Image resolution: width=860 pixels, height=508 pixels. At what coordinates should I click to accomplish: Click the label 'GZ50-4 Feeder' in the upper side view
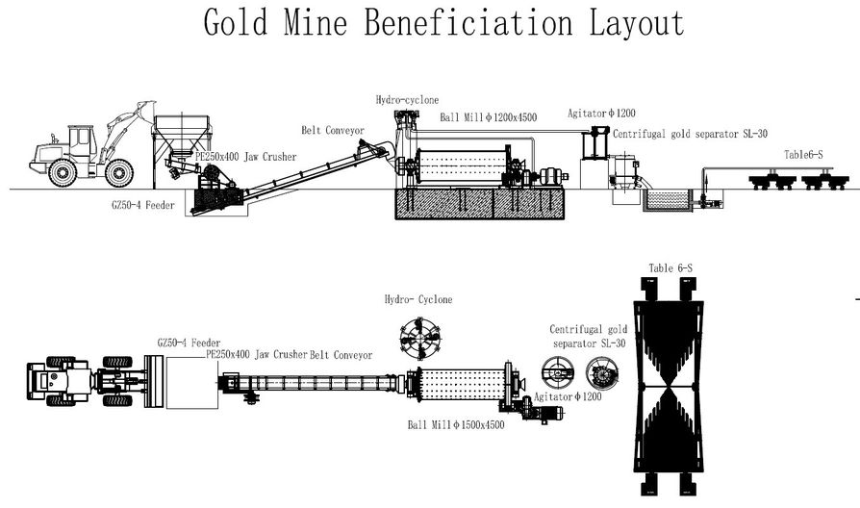click(x=141, y=205)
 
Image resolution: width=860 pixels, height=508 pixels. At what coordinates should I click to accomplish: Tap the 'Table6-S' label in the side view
click(x=803, y=154)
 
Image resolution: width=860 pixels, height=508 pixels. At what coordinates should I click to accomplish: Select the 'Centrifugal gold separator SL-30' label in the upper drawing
click(x=690, y=134)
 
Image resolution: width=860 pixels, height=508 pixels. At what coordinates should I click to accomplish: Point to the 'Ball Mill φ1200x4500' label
click(x=488, y=117)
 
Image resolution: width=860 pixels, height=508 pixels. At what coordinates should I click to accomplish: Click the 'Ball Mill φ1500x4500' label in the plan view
click(x=455, y=424)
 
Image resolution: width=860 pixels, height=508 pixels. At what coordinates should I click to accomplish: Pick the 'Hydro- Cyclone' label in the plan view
click(x=418, y=299)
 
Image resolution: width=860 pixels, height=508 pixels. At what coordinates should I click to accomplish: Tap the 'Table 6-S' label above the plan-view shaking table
click(x=673, y=268)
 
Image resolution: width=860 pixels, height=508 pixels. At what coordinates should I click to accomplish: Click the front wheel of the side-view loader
click(x=118, y=173)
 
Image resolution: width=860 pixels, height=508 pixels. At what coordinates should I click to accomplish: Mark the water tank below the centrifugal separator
click(x=666, y=200)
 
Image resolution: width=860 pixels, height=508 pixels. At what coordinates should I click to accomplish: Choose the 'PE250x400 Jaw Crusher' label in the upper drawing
click(x=245, y=156)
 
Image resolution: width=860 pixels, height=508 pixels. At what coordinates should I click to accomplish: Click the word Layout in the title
click(x=626, y=23)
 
